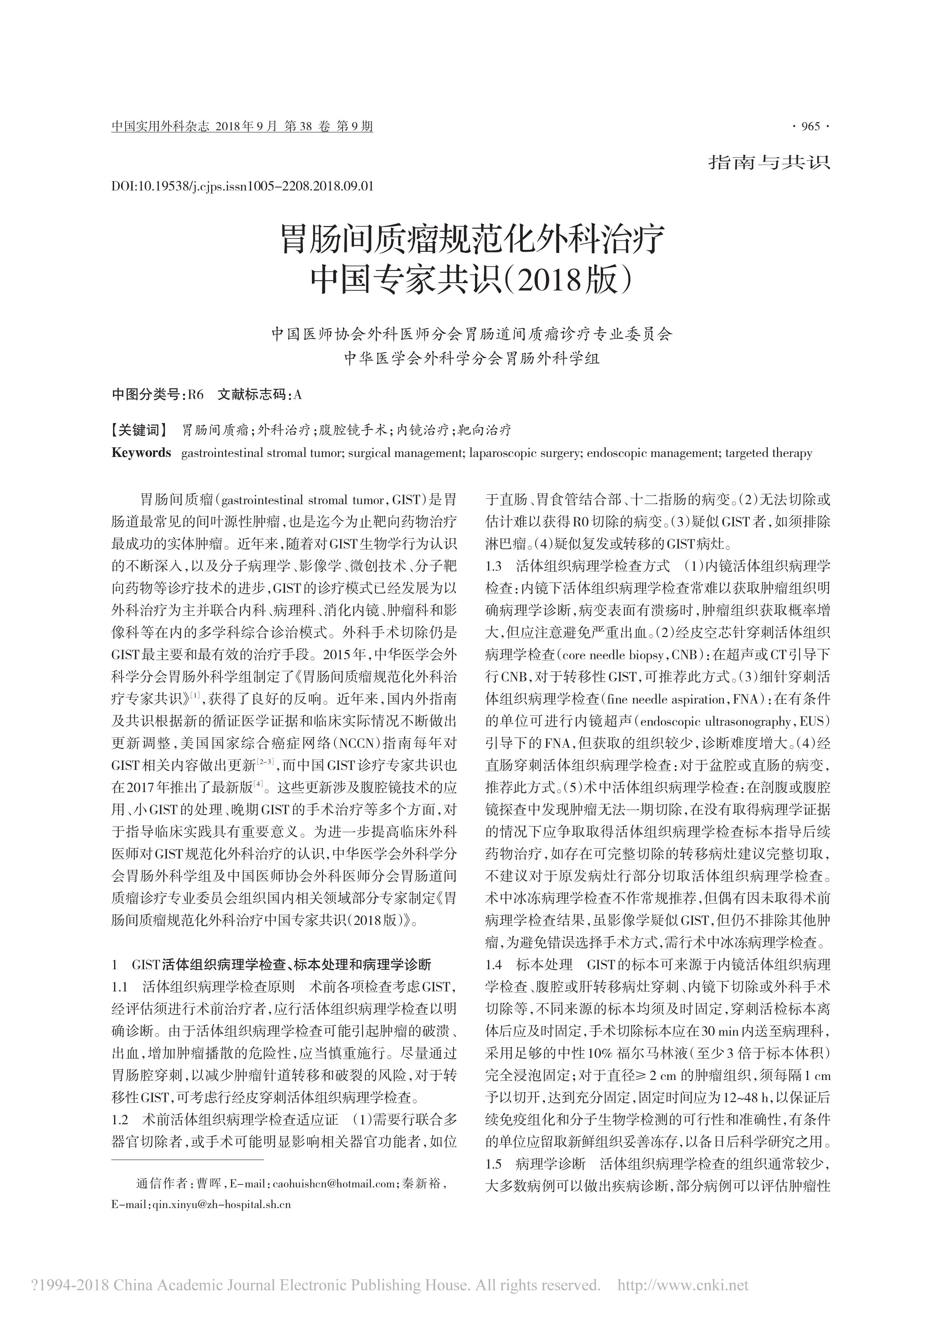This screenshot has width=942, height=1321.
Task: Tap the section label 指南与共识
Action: pyautogui.click(x=769, y=162)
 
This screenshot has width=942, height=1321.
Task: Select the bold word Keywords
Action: pyautogui.click(x=141, y=453)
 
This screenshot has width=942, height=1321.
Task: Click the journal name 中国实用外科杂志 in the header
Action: pyautogui.click(x=160, y=127)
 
